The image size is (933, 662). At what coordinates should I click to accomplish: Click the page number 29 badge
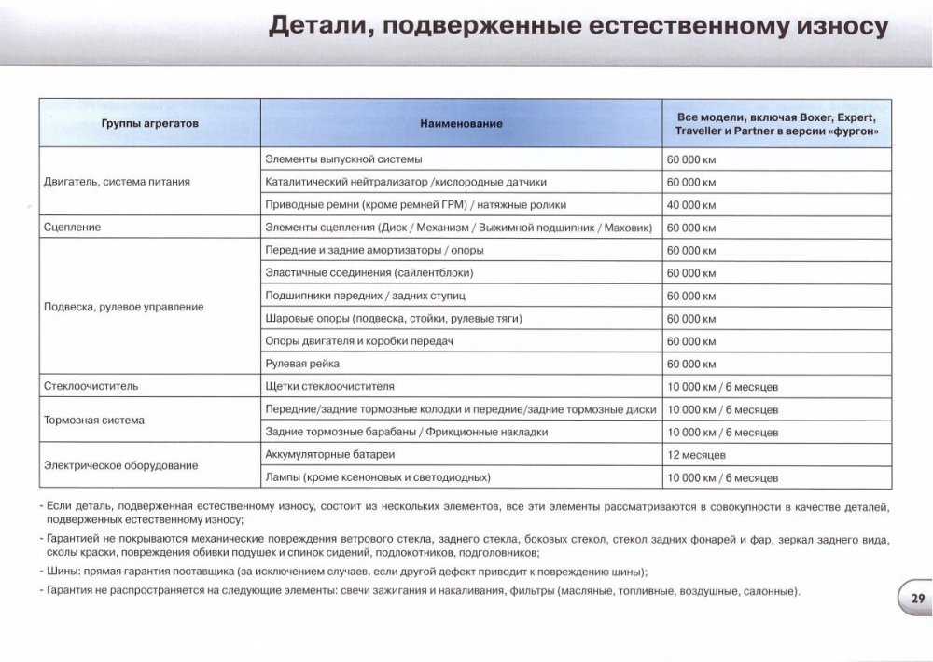914,600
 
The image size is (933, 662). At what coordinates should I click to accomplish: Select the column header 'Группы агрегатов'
149,124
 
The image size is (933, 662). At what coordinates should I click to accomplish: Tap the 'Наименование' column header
461,124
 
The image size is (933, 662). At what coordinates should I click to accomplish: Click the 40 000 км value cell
691,204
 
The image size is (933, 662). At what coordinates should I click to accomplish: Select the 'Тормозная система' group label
94,421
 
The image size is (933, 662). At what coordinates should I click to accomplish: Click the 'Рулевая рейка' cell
302,364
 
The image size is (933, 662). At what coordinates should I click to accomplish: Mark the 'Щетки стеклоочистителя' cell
330,385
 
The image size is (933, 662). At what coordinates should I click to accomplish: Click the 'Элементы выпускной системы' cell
343,159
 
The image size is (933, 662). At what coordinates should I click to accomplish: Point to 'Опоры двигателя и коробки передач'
358,341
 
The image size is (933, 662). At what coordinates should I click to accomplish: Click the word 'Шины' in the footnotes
62,572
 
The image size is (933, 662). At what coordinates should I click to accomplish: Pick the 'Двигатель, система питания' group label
117,182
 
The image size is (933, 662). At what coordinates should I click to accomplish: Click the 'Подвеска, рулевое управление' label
123,307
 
